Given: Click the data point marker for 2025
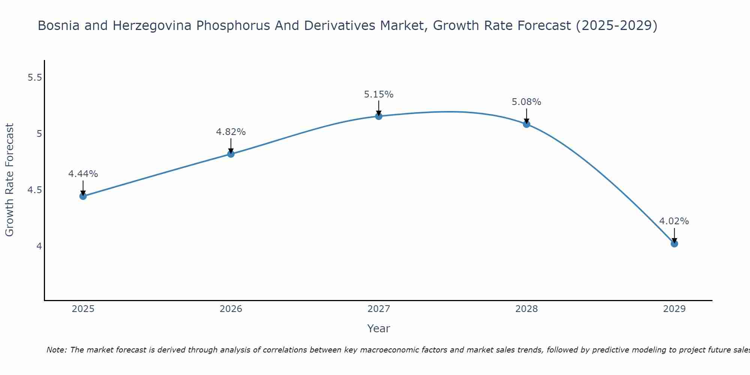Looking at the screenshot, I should pyautogui.click(x=83, y=196).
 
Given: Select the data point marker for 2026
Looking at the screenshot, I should pyautogui.click(x=231, y=154).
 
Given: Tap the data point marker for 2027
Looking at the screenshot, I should pyautogui.click(x=379, y=116).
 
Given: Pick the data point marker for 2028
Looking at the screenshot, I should pyautogui.click(x=526, y=124).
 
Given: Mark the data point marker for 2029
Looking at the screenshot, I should pyautogui.click(x=674, y=244).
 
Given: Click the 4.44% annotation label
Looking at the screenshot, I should pyautogui.click(x=83, y=174).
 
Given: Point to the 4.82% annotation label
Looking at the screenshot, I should pyautogui.click(x=231, y=132).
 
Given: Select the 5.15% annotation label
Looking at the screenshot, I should pyautogui.click(x=379, y=94).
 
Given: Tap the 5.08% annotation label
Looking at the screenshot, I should pyautogui.click(x=526, y=102).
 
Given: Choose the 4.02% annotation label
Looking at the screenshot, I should pyautogui.click(x=674, y=221).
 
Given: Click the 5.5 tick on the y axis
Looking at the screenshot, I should pyautogui.click(x=35, y=78).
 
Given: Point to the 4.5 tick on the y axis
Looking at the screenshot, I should pyautogui.click(x=35, y=190).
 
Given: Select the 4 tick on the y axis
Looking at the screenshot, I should pyautogui.click(x=39, y=246).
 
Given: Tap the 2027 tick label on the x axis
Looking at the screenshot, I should pyautogui.click(x=379, y=309).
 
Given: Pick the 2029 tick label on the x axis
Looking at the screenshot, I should pyautogui.click(x=674, y=309).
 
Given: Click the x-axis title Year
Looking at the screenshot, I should pyautogui.click(x=379, y=328).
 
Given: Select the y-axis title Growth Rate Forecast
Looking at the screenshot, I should pyautogui.click(x=10, y=180).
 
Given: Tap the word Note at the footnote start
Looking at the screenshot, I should pyautogui.click(x=56, y=350).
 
